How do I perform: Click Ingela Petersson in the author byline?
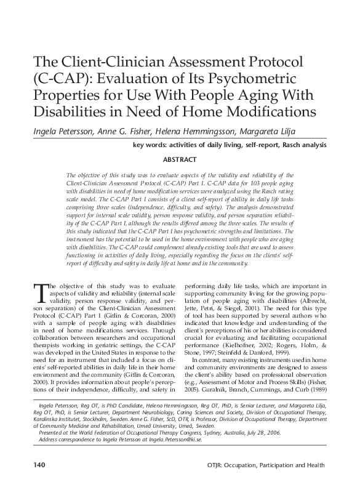pos(53,132)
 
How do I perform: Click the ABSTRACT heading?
pos(180,160)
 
